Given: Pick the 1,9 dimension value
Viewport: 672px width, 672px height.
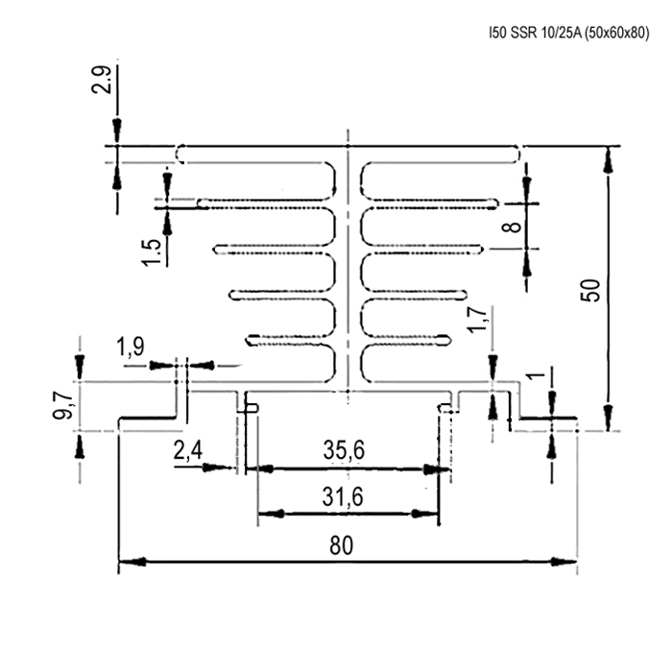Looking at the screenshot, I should click(x=132, y=347).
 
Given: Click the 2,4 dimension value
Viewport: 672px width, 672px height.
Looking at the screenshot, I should click(x=187, y=450).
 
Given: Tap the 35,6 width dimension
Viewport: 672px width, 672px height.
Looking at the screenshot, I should click(x=343, y=450).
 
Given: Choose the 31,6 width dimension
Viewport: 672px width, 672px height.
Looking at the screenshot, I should click(x=343, y=495).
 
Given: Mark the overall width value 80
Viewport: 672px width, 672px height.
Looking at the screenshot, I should click(x=341, y=545).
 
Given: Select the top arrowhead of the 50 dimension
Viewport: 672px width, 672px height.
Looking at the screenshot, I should click(x=608, y=160).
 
